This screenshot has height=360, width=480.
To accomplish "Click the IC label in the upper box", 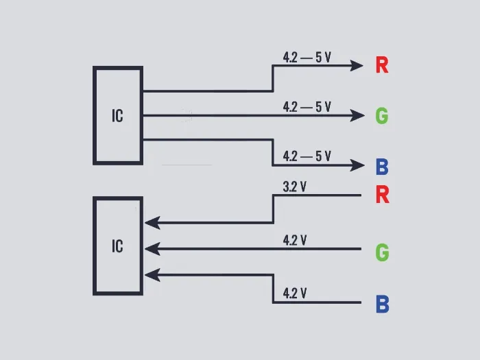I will pos(117,116).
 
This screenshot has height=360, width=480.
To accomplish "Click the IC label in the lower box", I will pos(117,245).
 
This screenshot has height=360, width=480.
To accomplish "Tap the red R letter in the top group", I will pos(382,66).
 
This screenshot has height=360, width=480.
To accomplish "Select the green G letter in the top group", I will pos(382,116).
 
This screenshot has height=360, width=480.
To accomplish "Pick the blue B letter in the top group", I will pos(382,167).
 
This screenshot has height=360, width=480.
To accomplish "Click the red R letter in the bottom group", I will pos(382,195).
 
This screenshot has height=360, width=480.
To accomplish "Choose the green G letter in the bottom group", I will pos(382,252).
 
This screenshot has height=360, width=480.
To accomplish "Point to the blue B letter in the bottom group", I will pos(382,304).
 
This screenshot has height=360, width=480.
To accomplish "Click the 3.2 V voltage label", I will pos(294,187).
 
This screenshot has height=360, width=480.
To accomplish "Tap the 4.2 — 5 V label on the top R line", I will pos(307,57).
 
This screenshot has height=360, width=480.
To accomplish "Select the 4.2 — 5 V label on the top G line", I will pos(307,107).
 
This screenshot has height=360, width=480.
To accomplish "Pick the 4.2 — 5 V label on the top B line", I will pos(307,156).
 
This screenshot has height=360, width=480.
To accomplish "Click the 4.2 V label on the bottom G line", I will pos(294,240).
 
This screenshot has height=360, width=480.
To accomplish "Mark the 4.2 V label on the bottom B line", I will pos(294,293).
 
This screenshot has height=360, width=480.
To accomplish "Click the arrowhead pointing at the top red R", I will pos(357,66).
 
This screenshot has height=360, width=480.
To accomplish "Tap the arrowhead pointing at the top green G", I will pos(357,116).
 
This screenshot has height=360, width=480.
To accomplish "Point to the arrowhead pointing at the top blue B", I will pos(357,165).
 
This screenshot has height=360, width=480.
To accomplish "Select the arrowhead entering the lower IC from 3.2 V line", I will pos(152,222).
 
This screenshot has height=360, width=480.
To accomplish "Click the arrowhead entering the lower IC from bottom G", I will pos(152,248).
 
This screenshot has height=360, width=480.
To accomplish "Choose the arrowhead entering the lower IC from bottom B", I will pos(152,275).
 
